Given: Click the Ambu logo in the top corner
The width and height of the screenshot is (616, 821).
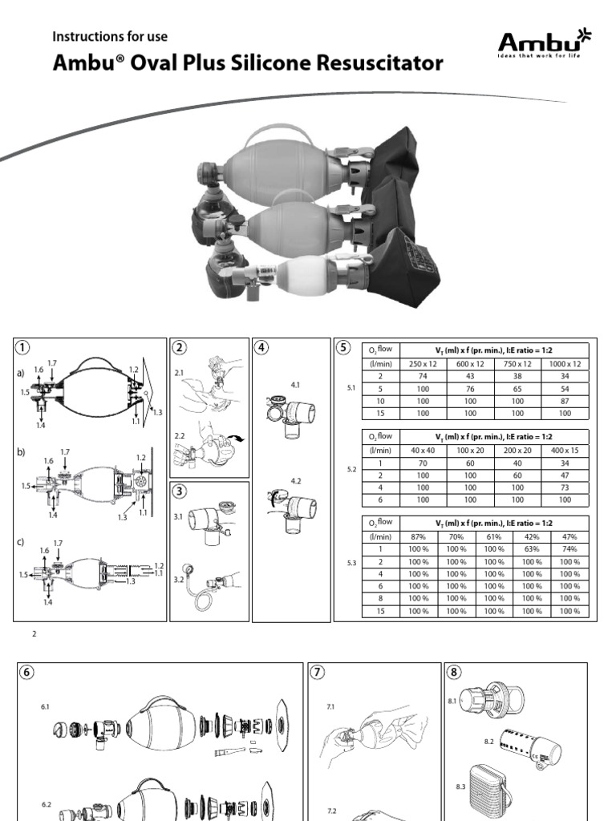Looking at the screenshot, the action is click(544, 43).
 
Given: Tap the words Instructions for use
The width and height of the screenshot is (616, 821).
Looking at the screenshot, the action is click(110, 37).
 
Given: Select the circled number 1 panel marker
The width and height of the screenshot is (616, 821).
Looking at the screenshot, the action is click(22, 347).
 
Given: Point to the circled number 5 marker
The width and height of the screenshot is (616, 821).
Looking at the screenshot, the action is click(343, 347).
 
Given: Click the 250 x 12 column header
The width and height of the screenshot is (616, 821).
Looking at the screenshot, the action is click(423, 364).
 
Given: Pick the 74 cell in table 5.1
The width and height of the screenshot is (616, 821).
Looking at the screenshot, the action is click(423, 376).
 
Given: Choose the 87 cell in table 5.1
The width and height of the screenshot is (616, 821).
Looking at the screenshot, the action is click(565, 401).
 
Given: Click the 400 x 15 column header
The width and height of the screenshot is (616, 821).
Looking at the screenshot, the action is click(565, 451).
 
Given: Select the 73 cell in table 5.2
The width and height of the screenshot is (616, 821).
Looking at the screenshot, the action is click(565, 487).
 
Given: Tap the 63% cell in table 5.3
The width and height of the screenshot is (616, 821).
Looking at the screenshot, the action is click(532, 549).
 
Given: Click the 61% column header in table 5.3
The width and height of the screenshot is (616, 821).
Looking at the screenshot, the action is click(494, 536).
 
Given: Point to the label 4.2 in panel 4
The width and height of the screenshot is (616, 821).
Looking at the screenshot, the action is click(296, 481).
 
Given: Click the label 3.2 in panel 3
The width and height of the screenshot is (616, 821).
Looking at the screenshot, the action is click(179, 580).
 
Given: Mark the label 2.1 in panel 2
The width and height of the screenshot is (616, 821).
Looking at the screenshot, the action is click(179, 373).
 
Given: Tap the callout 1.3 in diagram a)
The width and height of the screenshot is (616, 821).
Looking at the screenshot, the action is click(157, 413).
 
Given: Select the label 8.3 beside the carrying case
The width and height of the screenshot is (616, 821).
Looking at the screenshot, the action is click(460, 787).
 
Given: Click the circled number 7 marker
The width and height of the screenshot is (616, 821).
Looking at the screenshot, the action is click(318, 673).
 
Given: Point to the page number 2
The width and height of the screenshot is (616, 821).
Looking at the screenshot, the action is click(34, 634).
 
